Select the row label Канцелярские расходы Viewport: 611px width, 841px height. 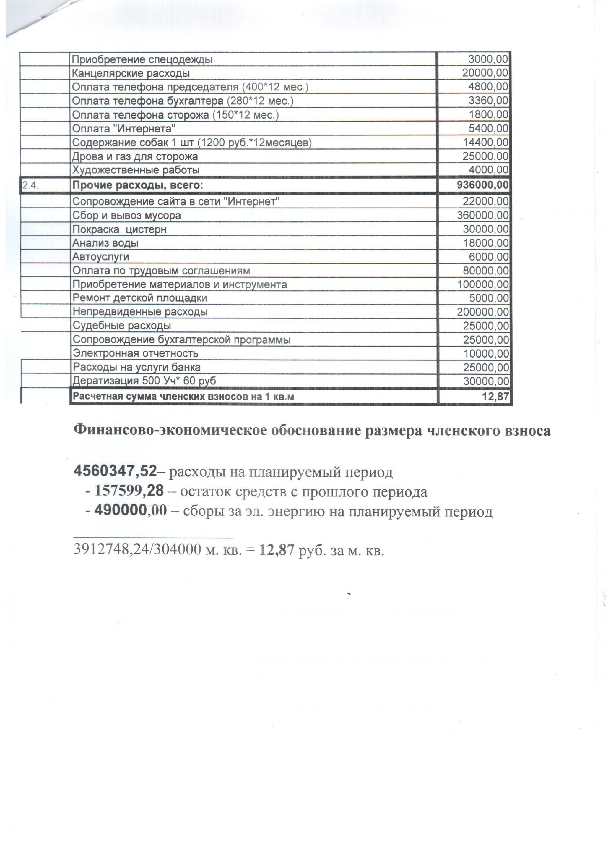(x=131, y=73)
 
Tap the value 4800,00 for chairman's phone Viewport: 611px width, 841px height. (x=488, y=87)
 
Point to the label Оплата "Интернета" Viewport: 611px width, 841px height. (x=123, y=129)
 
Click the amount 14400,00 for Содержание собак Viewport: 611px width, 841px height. (x=485, y=143)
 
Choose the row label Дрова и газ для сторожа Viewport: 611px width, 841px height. (x=135, y=156)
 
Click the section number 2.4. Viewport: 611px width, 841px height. (x=30, y=185)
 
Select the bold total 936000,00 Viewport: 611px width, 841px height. (x=483, y=185)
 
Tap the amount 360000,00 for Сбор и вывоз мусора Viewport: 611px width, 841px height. (x=483, y=216)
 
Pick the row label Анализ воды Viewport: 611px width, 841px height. (x=105, y=243)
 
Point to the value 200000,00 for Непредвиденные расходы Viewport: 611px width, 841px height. (x=483, y=312)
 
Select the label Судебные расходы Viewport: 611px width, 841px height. (x=122, y=326)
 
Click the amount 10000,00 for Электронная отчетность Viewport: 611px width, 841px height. (x=486, y=354)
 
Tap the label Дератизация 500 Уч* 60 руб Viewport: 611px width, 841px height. (x=144, y=381)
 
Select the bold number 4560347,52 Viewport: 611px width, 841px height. (x=116, y=471)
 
